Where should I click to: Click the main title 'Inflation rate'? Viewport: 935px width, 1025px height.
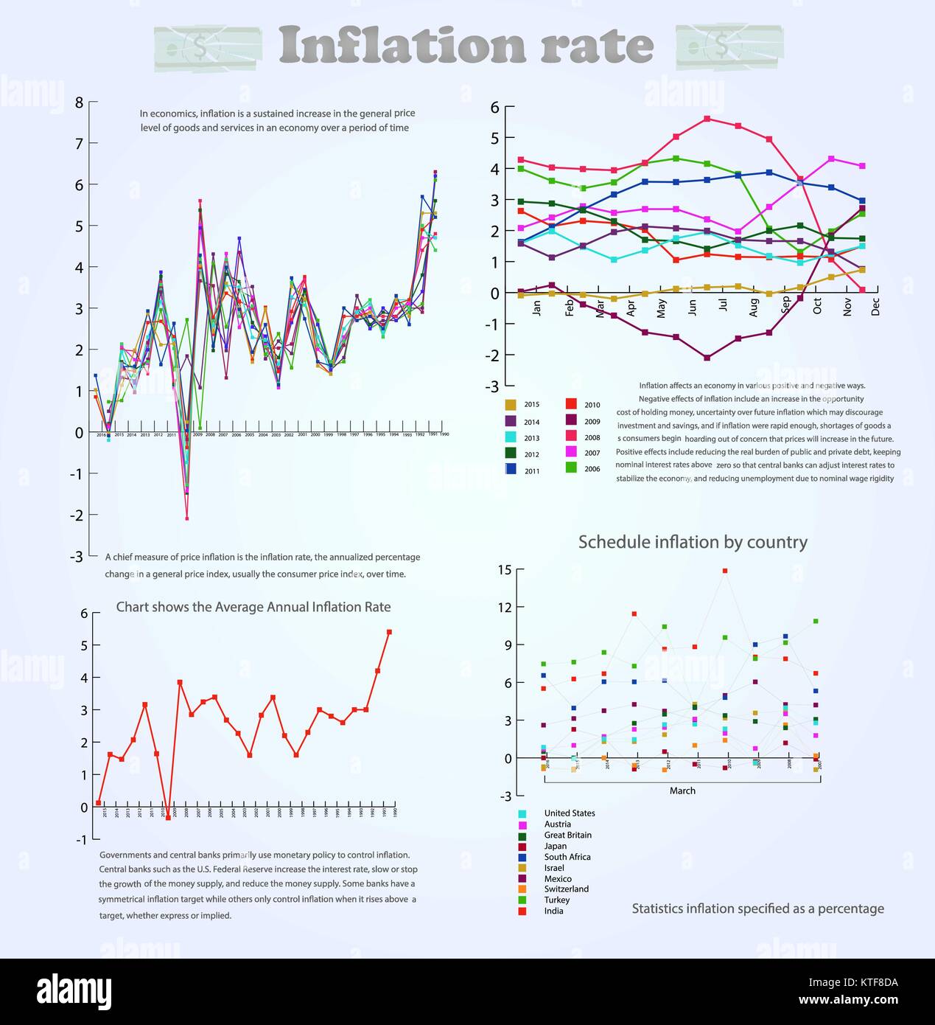coord(466,46)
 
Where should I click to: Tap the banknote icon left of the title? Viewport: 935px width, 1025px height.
coord(208,49)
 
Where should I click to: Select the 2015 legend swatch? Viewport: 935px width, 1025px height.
coord(511,404)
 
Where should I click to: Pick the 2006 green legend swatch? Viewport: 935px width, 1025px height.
coord(571,468)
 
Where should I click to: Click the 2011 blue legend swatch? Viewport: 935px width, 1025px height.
coord(511,469)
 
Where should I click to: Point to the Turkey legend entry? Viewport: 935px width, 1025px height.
coord(556,900)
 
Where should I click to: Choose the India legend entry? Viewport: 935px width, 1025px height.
coord(553,911)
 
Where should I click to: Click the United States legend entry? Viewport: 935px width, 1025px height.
coord(569,813)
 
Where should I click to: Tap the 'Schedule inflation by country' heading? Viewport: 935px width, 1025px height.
coord(693,542)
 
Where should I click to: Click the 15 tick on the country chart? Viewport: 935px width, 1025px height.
coord(504,569)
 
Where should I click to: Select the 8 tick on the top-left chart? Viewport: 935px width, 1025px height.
coord(79,102)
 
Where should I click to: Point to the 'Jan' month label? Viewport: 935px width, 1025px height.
coord(536,308)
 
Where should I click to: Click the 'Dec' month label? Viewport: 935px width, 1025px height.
coord(875,306)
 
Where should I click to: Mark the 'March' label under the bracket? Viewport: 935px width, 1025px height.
coord(682,791)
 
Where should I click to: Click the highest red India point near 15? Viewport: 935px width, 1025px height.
coord(725,571)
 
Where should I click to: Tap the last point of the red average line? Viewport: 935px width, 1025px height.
coord(389,632)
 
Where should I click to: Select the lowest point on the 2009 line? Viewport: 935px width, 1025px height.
coord(707,358)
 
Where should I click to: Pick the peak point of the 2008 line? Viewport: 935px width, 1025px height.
coord(707,119)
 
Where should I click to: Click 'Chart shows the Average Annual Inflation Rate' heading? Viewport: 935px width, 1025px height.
coord(253,607)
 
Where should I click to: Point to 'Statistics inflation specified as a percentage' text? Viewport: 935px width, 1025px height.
coord(757,908)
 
